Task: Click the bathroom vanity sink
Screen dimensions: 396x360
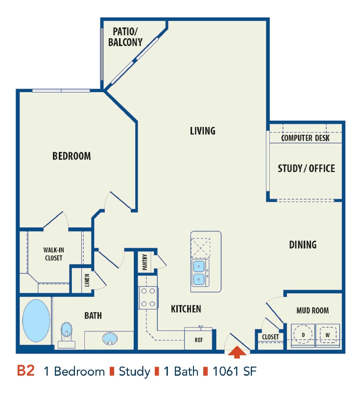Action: click(109, 338)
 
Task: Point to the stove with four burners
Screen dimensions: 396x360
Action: click(148, 297)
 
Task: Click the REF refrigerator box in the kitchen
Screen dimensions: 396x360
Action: click(199, 339)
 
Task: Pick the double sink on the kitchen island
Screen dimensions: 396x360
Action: click(199, 273)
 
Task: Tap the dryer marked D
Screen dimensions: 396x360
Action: click(303, 335)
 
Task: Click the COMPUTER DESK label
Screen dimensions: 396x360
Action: click(305, 138)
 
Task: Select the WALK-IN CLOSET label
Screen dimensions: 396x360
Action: click(53, 254)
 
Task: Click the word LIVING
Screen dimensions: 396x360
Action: click(203, 131)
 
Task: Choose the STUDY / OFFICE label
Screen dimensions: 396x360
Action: click(306, 169)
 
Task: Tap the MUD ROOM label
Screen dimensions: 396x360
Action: click(312, 310)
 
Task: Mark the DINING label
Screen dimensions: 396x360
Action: click(303, 244)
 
